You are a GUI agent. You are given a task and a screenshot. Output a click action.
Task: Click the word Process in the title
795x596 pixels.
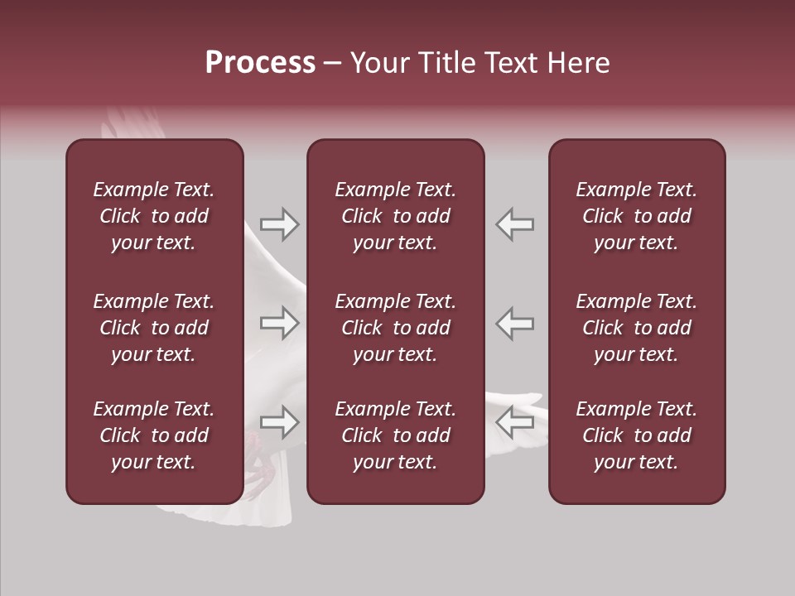[x=260, y=63]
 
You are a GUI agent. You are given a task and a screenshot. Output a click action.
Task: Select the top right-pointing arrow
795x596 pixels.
[x=280, y=224]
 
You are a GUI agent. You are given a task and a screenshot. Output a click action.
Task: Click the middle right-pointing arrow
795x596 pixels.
[x=280, y=323]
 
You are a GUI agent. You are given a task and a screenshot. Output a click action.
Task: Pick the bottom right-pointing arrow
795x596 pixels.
[x=280, y=422]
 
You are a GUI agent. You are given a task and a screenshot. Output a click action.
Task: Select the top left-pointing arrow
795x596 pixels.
[x=514, y=224]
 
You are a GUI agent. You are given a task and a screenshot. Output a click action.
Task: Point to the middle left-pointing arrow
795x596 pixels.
[x=514, y=323]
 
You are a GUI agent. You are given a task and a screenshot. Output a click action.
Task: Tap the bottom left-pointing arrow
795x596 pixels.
[x=514, y=422]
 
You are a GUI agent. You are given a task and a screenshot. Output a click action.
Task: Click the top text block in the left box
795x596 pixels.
[x=154, y=216]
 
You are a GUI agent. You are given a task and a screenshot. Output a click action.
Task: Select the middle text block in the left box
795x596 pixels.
[x=154, y=328]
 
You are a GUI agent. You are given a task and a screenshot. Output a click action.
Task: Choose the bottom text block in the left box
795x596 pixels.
[x=154, y=435]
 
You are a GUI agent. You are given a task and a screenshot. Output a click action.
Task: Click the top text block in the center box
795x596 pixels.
[x=395, y=216]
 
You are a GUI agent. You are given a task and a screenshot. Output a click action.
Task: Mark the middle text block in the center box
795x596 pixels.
[x=395, y=328]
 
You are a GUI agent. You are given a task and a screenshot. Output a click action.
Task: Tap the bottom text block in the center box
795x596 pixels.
[x=395, y=435]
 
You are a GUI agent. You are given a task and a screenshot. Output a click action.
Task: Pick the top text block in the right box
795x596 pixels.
[x=636, y=216]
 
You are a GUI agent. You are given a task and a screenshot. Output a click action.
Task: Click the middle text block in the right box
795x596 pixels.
[x=636, y=328]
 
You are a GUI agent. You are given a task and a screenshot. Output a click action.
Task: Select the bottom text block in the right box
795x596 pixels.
[x=636, y=435]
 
